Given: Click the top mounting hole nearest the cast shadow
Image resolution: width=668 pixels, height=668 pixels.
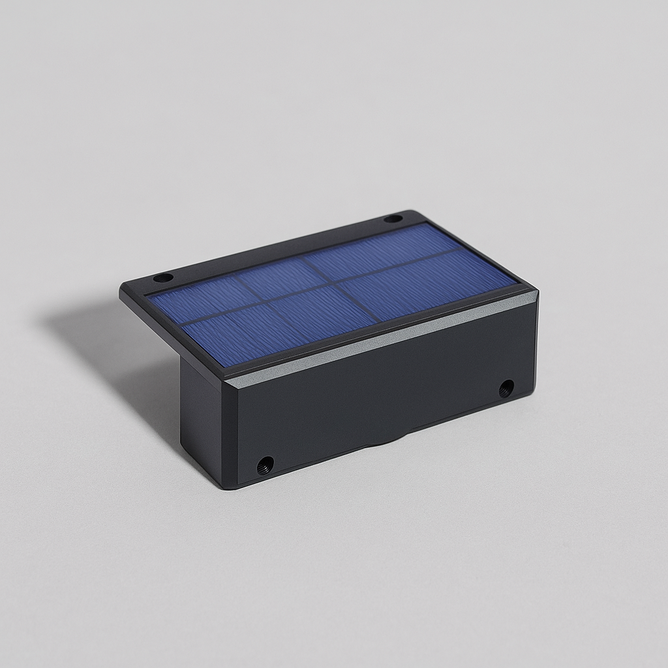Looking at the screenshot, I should click(x=163, y=278).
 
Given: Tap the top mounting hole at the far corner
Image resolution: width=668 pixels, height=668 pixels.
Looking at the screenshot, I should click(x=393, y=219).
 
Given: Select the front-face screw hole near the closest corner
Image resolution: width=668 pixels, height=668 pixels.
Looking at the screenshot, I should click(x=266, y=465).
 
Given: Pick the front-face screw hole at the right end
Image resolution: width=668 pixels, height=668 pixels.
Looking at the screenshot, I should click(x=506, y=389).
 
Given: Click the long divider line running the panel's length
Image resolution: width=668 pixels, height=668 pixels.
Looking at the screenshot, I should click(x=326, y=285).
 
